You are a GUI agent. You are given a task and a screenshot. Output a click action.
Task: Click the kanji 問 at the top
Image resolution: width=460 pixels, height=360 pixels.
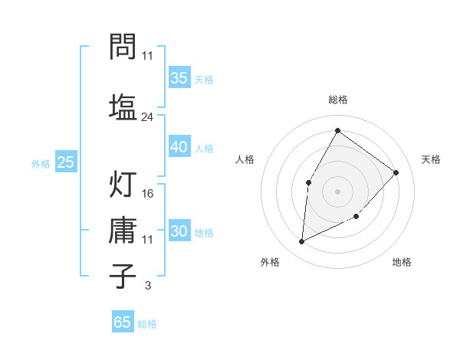[123, 47]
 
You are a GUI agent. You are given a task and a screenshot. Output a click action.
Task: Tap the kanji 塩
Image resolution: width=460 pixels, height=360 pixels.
[123, 106]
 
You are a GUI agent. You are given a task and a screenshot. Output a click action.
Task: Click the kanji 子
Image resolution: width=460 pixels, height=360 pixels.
[123, 275]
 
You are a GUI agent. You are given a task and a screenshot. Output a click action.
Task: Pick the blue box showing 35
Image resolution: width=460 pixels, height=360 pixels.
[179, 78]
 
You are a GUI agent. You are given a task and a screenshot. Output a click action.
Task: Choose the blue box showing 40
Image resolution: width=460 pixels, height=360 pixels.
[179, 147]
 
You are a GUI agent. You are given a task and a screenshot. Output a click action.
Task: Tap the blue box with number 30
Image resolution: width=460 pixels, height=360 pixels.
[179, 232]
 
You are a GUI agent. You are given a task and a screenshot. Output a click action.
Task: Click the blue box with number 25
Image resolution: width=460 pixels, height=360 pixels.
[65, 162]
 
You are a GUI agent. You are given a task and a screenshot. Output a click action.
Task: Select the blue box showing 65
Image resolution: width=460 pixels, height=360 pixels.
[123, 322]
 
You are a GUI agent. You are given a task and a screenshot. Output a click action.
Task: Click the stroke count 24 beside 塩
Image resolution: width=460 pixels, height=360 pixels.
[147, 117]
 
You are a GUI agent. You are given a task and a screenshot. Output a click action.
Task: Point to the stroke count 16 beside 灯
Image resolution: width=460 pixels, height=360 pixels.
[148, 194]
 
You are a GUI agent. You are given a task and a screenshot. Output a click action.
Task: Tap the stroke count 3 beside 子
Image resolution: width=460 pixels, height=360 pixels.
[148, 286]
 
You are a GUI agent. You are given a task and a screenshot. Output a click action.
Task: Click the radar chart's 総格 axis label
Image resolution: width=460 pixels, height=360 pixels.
[337, 100]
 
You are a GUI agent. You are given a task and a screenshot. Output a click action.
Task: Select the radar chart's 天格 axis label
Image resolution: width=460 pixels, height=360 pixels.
[431, 159]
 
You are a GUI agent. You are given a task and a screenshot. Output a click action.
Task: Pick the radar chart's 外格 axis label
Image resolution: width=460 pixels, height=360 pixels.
[270, 262]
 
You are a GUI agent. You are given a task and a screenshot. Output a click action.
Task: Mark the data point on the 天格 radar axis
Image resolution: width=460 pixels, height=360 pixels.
[396, 172]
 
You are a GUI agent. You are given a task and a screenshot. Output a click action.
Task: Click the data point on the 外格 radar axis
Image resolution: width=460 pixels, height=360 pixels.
[302, 242]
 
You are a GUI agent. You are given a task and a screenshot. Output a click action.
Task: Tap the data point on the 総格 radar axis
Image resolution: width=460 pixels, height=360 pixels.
[337, 131]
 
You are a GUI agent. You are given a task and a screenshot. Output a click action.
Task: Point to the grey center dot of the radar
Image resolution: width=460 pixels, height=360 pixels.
[337, 191]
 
